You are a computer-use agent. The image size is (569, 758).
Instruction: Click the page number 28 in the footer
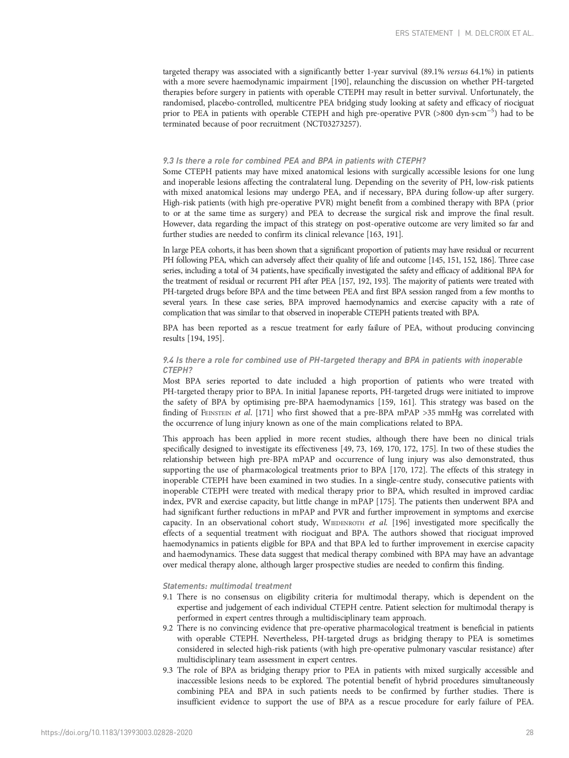(530, 732)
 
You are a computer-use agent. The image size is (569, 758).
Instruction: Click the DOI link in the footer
(116, 732)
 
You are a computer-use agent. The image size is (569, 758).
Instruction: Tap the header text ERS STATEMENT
(424, 33)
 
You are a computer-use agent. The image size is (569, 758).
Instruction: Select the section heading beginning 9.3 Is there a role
(294, 161)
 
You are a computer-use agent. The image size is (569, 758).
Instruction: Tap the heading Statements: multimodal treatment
(227, 586)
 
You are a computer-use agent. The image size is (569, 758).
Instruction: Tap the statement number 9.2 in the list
(168, 628)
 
